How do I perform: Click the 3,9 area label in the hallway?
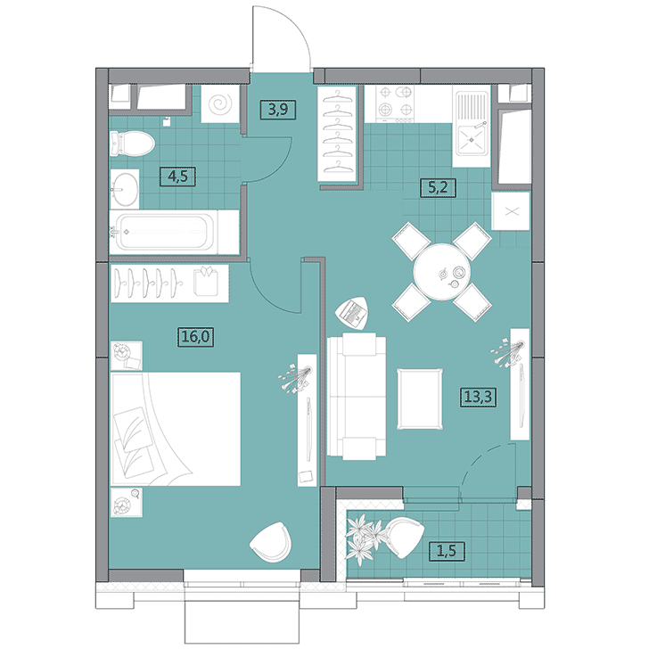278,110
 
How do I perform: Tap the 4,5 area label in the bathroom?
177,177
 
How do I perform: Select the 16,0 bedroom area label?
196,336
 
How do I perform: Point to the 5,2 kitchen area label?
438,187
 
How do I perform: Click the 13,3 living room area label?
478,397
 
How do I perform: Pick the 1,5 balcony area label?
447,551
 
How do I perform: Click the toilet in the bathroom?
133,144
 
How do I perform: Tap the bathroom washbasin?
125,189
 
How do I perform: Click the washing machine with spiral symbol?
220,104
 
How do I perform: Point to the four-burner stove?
395,103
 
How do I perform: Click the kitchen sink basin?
472,139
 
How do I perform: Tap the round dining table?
442,272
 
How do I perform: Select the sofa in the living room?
357,397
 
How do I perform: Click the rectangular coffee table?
420,399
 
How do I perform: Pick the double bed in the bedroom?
176,429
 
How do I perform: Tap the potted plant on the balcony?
364,538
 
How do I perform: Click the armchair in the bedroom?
271,542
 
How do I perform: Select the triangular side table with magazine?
352,313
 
